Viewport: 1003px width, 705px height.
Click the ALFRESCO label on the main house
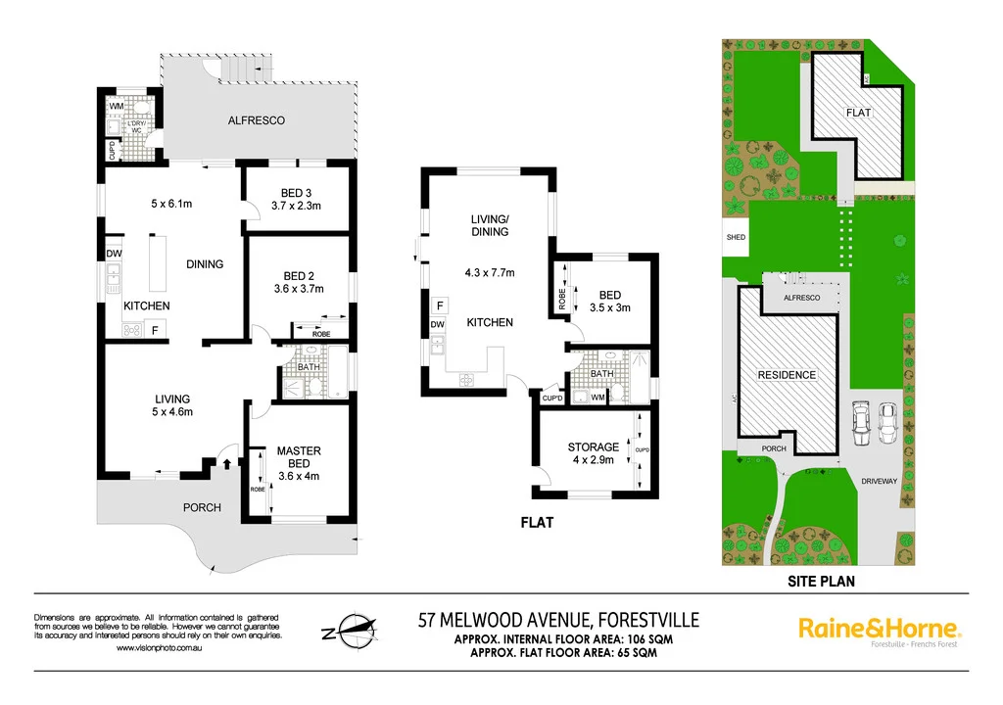[x=256, y=120]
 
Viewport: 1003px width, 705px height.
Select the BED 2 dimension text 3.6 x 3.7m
[x=299, y=289]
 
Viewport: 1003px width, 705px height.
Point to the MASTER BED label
[x=299, y=457]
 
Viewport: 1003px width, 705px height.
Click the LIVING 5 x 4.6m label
[x=171, y=405]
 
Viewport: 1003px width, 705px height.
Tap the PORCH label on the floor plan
[x=203, y=507]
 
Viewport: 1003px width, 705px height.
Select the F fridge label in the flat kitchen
[x=438, y=304]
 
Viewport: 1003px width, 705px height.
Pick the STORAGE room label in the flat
[x=593, y=447]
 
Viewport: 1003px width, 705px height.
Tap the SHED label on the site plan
[x=735, y=237]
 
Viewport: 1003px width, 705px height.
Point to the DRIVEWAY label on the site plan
[x=881, y=482]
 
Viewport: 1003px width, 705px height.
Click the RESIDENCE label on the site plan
[x=787, y=375]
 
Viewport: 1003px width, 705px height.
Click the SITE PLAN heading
[x=818, y=581]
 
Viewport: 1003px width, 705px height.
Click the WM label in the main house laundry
[x=115, y=105]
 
